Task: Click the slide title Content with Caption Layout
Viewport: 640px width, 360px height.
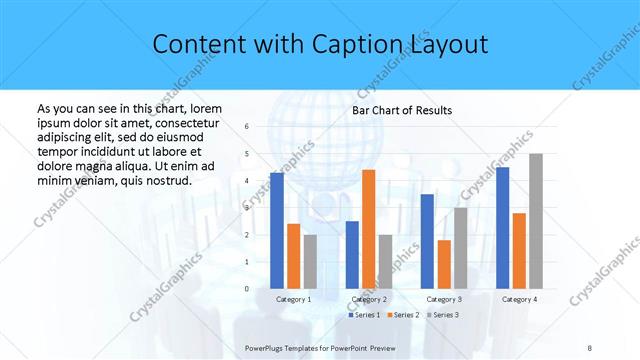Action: pos(320,45)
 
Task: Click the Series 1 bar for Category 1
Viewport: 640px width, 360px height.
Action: pos(277,231)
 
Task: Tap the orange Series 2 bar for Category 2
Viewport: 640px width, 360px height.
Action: pos(368,229)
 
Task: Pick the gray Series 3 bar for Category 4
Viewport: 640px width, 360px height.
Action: pos(536,221)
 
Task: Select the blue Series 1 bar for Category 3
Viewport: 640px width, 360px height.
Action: pos(427,241)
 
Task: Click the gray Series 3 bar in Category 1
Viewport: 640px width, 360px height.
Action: pos(310,262)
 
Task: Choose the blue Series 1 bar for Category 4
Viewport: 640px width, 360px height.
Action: pos(503,228)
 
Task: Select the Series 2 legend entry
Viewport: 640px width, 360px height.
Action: pos(402,315)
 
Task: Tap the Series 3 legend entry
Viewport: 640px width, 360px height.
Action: pos(442,315)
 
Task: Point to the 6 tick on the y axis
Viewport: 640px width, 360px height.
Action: pos(247,127)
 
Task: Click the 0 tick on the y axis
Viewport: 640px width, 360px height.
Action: pos(247,289)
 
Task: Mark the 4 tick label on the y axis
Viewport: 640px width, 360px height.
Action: pos(247,181)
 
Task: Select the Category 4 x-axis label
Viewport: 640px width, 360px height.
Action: pos(519,299)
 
